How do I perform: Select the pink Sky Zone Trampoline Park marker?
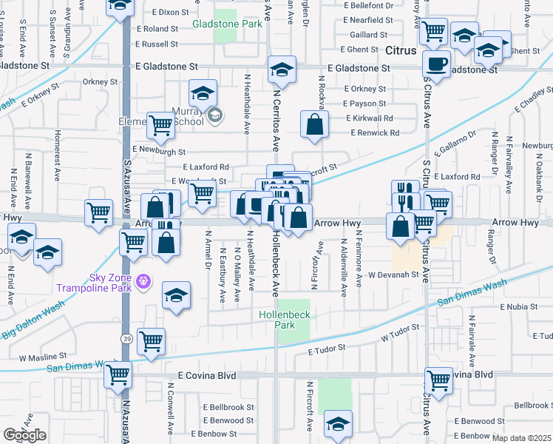143,281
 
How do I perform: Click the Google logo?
25,435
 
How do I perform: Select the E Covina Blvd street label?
206,376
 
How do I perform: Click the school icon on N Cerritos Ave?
281,70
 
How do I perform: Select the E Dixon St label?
171,13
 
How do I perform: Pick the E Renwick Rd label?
373,133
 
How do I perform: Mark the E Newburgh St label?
160,152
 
